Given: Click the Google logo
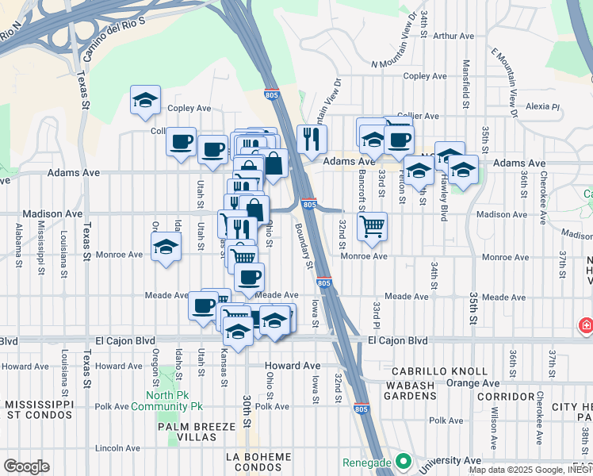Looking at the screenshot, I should coord(25,466).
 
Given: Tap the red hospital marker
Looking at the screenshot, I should coord(585,326).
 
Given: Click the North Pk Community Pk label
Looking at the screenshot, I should coord(174,401).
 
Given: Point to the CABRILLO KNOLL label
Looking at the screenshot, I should coord(450,371).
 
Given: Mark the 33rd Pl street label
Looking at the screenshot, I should coord(377,316).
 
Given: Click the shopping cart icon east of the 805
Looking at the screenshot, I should coord(372,226).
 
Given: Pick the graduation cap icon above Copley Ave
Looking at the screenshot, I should coord(146,100).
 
